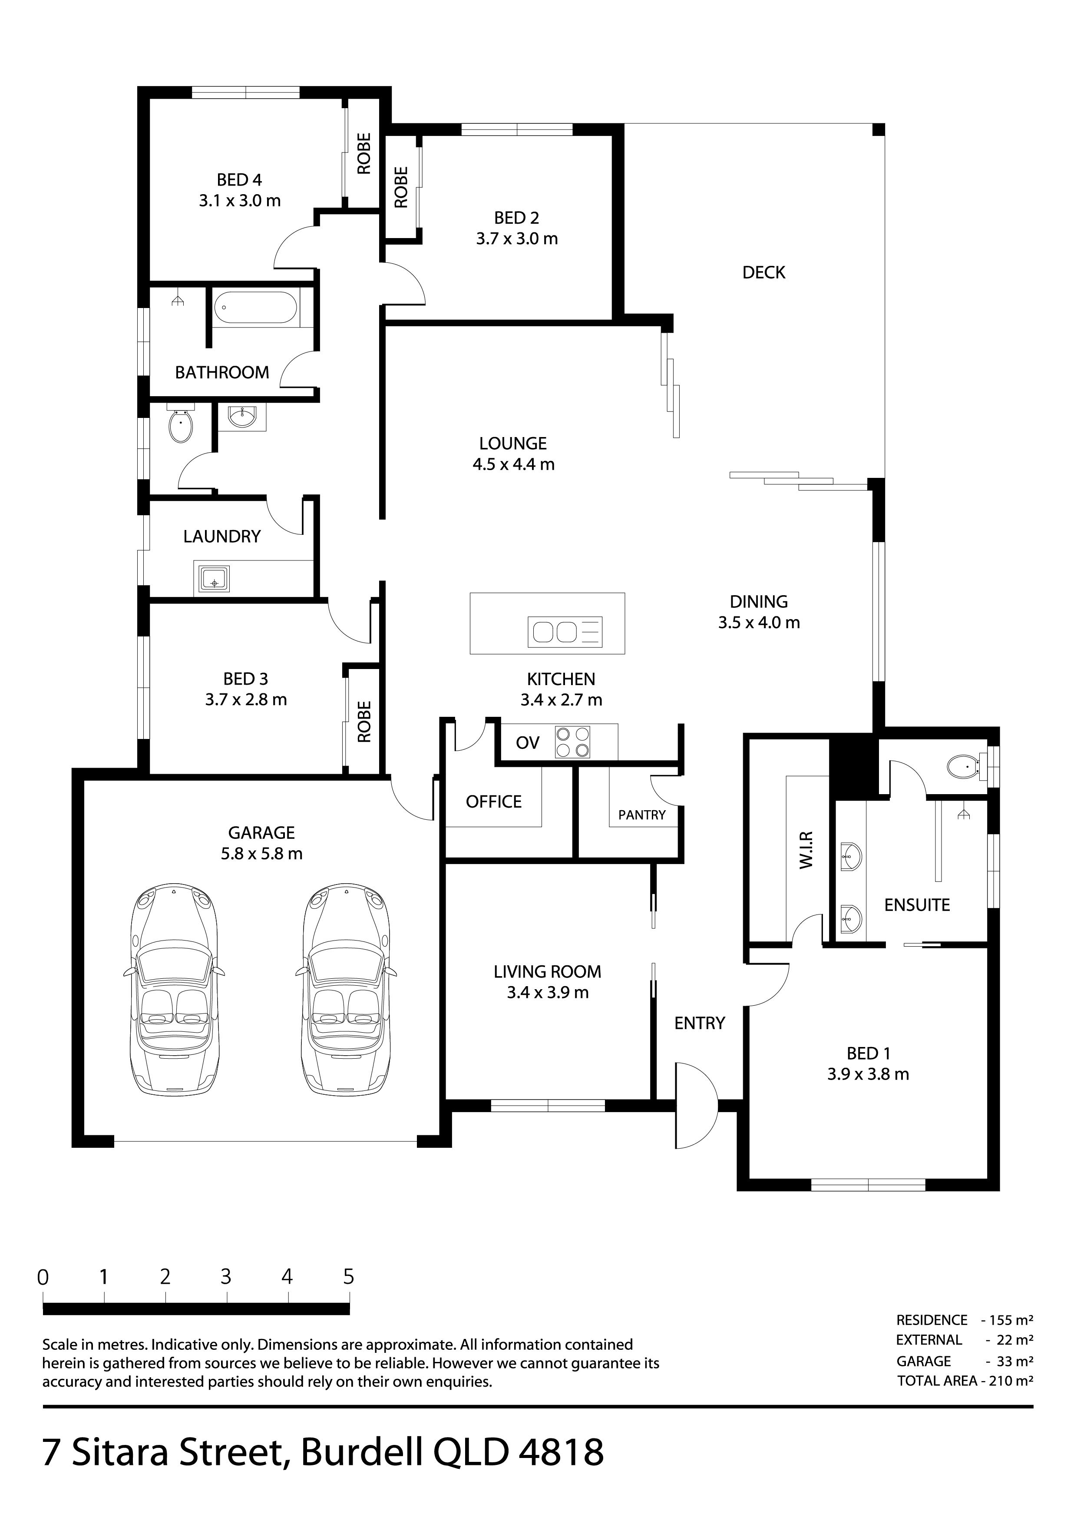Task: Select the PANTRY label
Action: (642, 815)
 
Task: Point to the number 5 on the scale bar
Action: (348, 1276)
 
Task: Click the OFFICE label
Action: (494, 802)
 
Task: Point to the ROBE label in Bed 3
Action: (363, 722)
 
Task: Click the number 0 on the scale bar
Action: (43, 1277)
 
